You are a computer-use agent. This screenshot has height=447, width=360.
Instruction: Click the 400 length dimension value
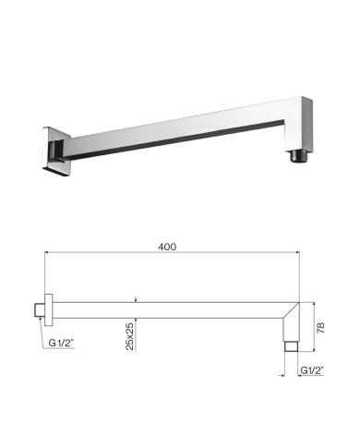167,247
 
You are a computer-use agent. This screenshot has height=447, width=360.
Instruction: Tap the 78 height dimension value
320,328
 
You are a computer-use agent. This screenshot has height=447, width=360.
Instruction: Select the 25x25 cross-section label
130,336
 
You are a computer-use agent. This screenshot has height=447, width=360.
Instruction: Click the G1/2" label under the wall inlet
62,343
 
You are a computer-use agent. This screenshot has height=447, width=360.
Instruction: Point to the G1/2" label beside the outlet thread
312,370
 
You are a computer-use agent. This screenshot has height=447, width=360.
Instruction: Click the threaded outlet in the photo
298,156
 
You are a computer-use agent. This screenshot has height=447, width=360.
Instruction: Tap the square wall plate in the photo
56,152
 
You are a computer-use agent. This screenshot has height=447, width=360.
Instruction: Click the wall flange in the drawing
49,309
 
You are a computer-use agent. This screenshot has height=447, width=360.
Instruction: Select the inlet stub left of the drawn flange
40,309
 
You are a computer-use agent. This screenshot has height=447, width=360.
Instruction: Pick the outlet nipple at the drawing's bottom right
291,346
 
